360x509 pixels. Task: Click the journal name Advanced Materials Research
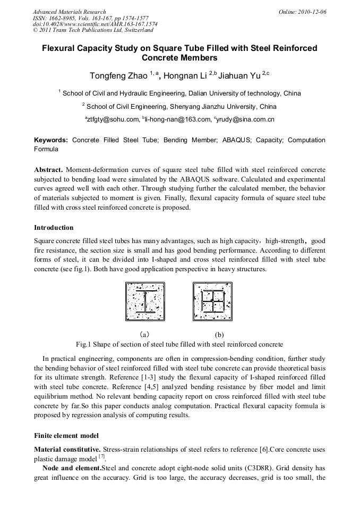pyautogui.click(x=69, y=12)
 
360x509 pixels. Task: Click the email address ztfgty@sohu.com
pyautogui.click(x=113, y=119)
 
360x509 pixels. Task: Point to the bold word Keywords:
pyautogui.click(x=51, y=140)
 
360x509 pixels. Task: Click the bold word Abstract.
pyautogui.click(x=48, y=170)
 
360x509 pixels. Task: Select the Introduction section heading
pyautogui.click(x=54, y=228)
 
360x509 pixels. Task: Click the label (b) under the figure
pyautogui.click(x=219, y=335)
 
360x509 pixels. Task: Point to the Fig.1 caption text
pyautogui.click(x=179, y=344)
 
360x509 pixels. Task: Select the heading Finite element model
pyautogui.click(x=66, y=436)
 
